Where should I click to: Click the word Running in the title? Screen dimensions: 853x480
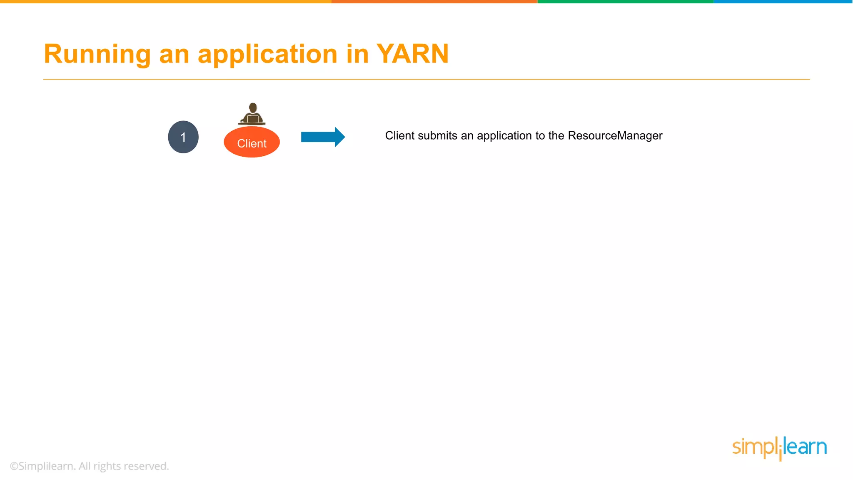pos(97,54)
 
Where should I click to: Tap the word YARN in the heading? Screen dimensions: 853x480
pos(412,54)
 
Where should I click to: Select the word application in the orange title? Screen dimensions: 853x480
pos(267,54)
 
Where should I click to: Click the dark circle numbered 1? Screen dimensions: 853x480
pos(183,137)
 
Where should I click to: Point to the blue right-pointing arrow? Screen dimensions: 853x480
pos(323,137)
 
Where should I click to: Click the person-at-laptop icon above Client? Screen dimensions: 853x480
pos(252,114)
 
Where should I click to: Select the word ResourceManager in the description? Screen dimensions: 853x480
pos(615,136)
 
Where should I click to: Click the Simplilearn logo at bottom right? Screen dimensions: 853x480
pos(779,447)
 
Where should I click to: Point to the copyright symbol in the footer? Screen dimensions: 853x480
pos(14,466)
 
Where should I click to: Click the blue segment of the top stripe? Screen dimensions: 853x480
pos(783,2)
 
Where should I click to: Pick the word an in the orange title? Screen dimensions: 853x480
pos(174,54)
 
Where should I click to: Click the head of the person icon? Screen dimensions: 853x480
pos(252,107)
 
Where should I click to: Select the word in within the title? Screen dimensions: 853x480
pos(357,54)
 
